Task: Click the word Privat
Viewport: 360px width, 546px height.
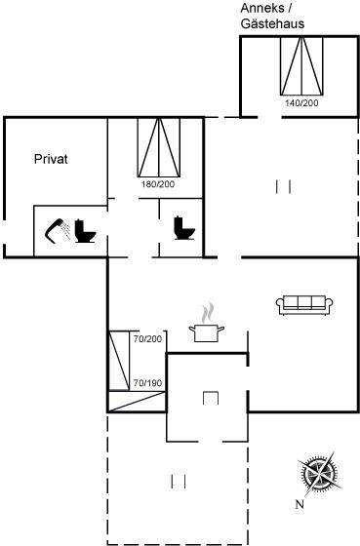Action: pos(51,159)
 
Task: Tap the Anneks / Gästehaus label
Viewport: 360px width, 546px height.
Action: pos(272,16)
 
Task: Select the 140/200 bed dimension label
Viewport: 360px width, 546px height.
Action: pos(301,103)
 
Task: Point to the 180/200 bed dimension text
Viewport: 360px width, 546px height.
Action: pos(158,184)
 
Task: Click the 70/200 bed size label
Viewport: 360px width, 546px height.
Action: pos(147,339)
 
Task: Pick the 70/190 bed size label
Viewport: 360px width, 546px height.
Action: pos(147,383)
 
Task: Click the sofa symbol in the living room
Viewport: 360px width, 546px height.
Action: pos(304,305)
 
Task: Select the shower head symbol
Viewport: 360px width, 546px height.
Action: pos(58,230)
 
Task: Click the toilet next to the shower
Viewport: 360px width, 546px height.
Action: pos(85,230)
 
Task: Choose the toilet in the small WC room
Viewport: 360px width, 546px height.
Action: pos(184,228)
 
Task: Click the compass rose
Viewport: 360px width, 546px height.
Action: pos(318,474)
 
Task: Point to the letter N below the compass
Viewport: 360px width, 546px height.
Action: pos(300,504)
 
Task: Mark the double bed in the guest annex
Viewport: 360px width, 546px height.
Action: pos(301,65)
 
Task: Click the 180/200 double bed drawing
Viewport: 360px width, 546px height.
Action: pos(159,147)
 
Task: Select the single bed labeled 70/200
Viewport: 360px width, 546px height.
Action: pos(119,360)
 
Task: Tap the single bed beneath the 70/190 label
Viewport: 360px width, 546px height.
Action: pos(137,402)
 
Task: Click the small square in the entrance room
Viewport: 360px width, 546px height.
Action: pos(211,398)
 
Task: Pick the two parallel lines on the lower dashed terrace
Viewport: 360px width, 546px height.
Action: pos(179,482)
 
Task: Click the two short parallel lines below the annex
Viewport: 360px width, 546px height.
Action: pos(283,186)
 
